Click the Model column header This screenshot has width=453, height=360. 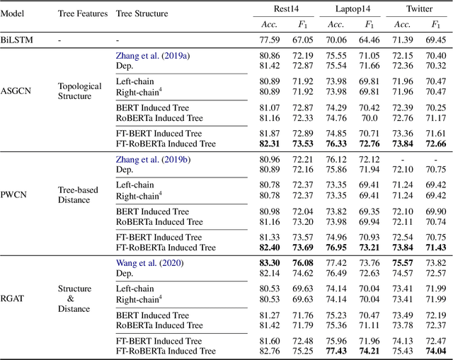15,14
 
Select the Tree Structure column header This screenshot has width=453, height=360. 143,14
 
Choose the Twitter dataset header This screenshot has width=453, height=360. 420,8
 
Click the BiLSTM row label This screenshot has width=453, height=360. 18,40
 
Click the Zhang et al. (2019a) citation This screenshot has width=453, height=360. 152,55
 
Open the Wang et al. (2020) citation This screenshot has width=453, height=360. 149,263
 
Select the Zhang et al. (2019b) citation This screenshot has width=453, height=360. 152,159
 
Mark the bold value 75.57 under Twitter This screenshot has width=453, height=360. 403,263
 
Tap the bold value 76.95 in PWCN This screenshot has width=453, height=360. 336,248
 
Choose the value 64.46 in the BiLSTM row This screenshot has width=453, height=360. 369,40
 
